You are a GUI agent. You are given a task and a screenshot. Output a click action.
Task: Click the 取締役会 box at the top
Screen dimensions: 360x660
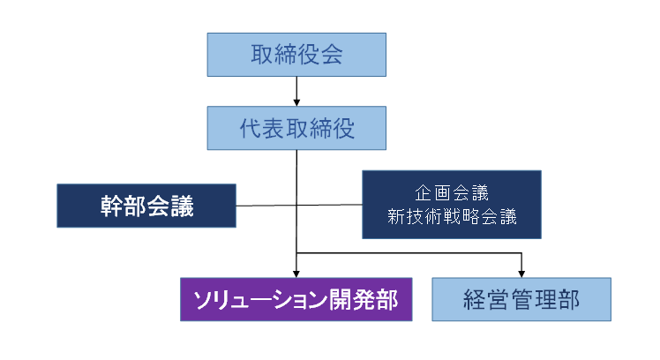pyautogui.click(x=296, y=54)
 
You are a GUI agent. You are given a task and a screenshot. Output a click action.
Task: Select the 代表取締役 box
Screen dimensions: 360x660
pyautogui.click(x=296, y=128)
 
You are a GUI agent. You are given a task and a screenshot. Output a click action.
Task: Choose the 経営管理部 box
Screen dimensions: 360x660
pyautogui.click(x=521, y=298)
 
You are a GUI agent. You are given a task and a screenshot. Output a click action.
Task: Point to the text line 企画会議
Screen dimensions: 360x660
pyautogui.click(x=451, y=192)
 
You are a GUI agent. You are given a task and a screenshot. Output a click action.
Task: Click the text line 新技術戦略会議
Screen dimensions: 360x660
pyautogui.click(x=451, y=217)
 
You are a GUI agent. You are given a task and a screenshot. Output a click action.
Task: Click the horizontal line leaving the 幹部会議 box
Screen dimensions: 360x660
pyautogui.click(x=265, y=207)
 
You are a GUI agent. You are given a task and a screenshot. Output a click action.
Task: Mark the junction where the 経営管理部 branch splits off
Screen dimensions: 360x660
pyautogui.click(x=297, y=254)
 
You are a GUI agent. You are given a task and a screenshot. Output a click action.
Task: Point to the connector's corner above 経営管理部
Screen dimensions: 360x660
pyautogui.click(x=522, y=254)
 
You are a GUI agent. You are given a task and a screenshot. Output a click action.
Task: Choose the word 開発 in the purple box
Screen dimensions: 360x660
pyautogui.click(x=357, y=298)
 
